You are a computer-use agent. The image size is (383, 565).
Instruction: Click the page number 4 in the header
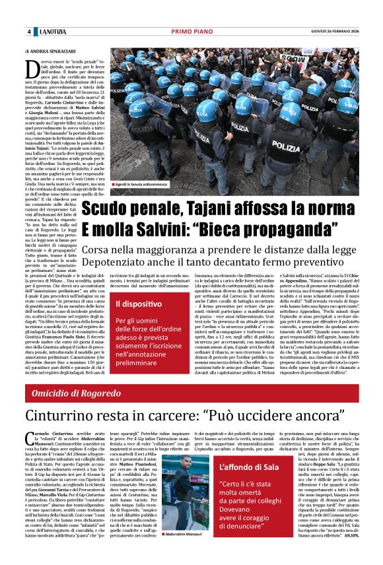[29, 32]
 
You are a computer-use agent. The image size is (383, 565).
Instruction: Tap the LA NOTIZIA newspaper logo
[53, 32]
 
